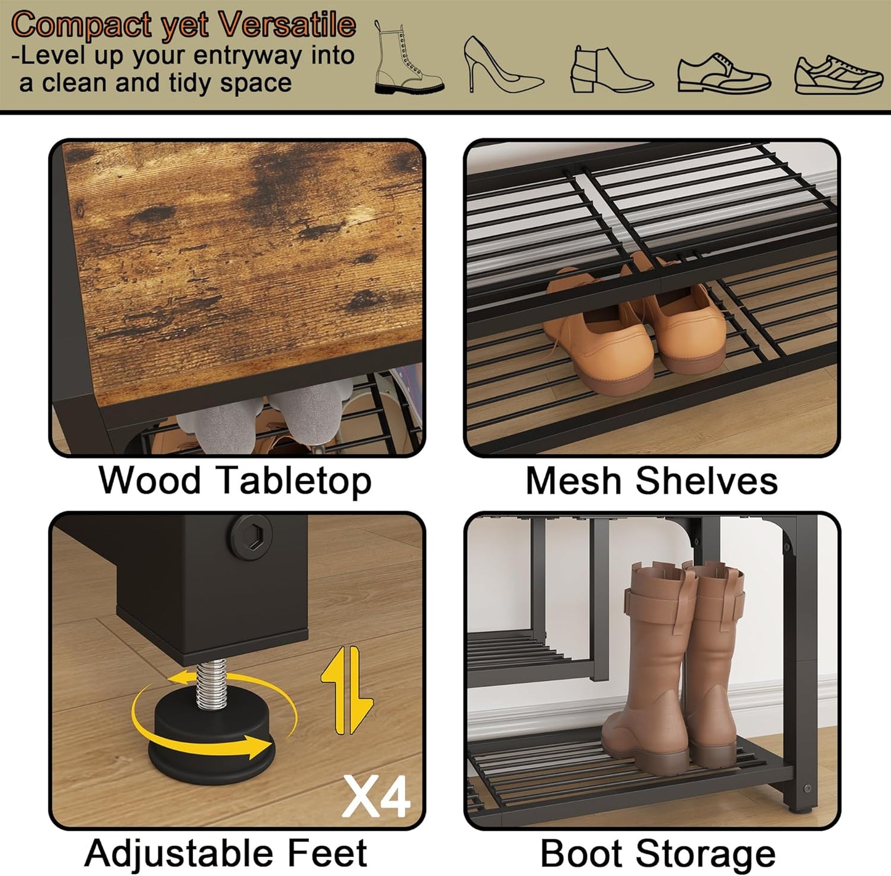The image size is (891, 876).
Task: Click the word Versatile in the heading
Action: tap(287, 25)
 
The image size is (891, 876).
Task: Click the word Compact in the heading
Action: tap(82, 25)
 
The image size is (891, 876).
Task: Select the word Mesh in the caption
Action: tap(573, 481)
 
